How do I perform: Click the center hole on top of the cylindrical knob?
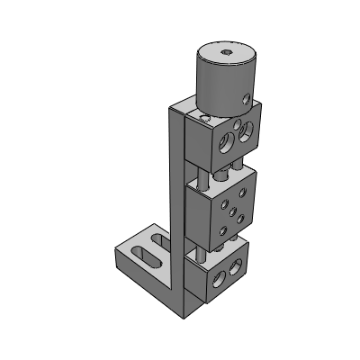(x=227, y=55)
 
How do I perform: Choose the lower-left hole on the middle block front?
(x=222, y=229)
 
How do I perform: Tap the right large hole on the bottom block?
(x=237, y=267)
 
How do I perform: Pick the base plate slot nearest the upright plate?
(x=157, y=240)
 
